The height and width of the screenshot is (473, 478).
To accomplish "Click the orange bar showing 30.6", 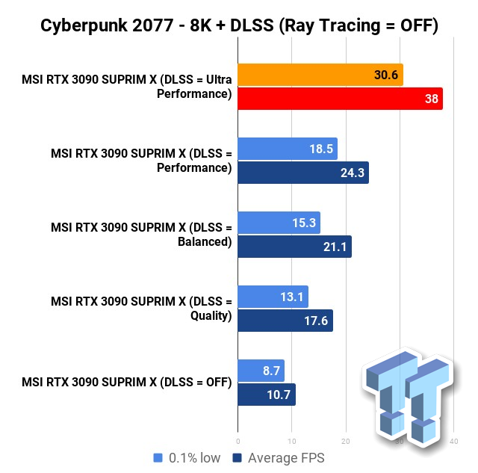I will (x=320, y=75).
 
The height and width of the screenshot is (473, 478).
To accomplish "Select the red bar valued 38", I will (x=340, y=99).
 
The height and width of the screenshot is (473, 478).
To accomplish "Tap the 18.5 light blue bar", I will (x=288, y=149).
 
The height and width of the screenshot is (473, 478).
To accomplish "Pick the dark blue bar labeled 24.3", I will (x=303, y=173).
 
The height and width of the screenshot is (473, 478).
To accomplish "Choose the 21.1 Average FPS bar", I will (x=294, y=247).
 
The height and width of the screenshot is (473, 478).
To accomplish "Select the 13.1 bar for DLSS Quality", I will (x=273, y=297).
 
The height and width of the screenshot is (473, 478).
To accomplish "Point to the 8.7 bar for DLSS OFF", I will (x=261, y=371).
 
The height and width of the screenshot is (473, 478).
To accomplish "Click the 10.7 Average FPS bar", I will (x=267, y=395).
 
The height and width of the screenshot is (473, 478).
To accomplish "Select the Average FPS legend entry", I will (x=279, y=457).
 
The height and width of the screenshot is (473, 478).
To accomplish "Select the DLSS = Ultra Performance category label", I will (x=141, y=87).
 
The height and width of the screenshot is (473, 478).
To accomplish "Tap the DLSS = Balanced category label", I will (x=141, y=235).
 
